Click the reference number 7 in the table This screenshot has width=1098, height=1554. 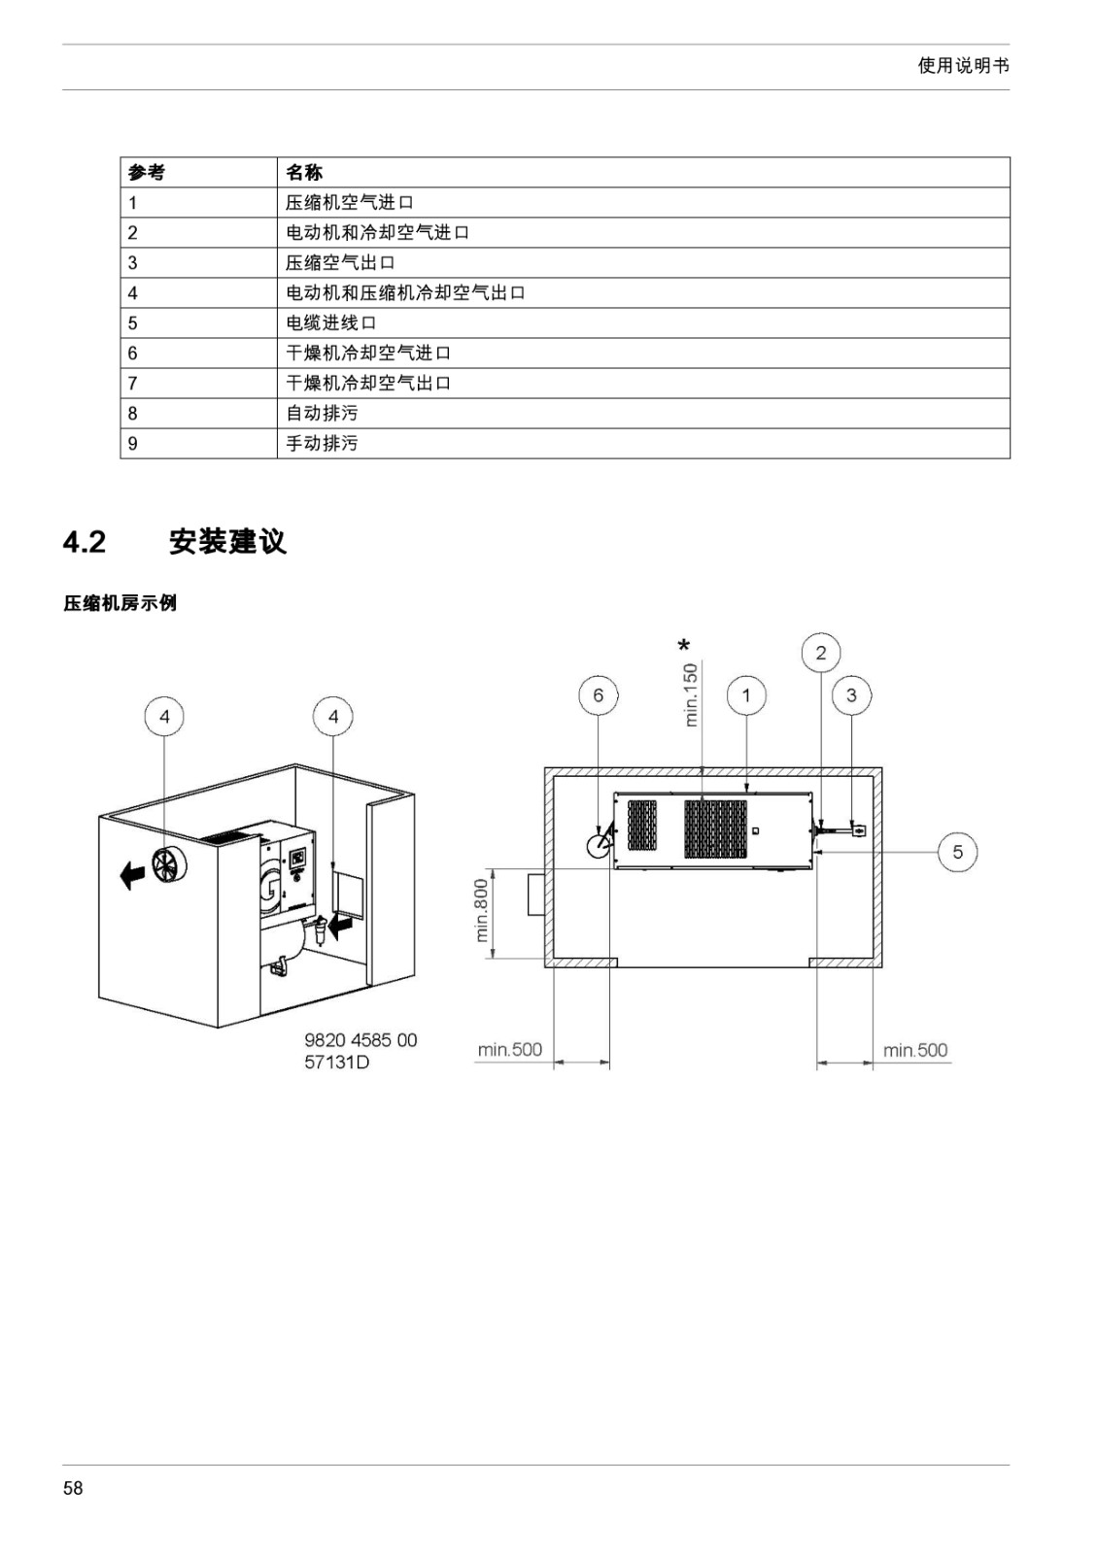point(132,384)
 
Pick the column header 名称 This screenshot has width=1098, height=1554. point(304,173)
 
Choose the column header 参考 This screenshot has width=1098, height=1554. point(147,173)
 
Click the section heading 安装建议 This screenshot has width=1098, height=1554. point(227,542)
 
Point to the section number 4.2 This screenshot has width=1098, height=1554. point(84,543)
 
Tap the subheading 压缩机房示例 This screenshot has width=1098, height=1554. point(120,603)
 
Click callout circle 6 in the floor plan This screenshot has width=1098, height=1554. point(599,695)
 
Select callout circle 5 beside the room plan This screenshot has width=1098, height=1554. point(958,852)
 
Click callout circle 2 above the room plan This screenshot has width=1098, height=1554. point(821,653)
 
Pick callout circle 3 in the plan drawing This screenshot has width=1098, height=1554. point(851,695)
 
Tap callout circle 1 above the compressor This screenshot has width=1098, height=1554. point(746,695)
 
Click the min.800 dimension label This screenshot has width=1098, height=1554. point(482,911)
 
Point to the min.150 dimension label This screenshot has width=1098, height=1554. point(691,695)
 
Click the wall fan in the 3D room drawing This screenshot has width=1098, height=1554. point(169,867)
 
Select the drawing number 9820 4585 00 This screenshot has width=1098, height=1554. point(360,1040)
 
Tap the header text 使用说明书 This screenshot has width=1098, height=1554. point(963,66)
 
